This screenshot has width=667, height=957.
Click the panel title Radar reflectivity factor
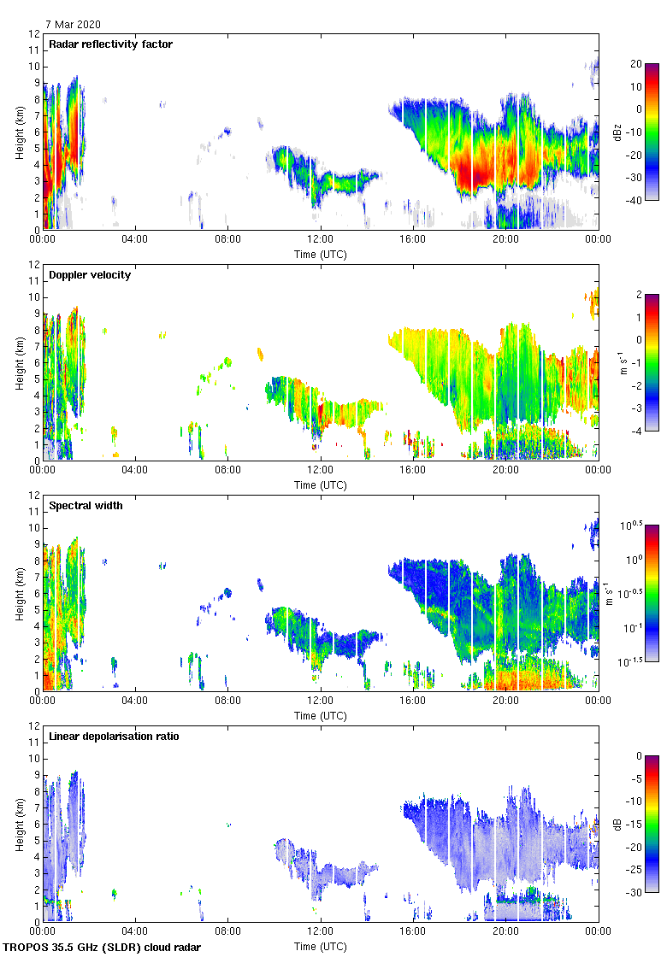[x=110, y=44]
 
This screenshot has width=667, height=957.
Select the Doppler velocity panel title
[x=90, y=275]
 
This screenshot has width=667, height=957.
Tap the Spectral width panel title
[x=86, y=506]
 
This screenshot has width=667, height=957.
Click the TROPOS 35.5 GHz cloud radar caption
[x=103, y=948]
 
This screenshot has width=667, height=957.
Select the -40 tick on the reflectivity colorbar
[x=635, y=201]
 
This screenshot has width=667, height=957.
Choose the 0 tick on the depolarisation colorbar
[x=637, y=756]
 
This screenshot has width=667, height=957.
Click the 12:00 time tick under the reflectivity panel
[x=320, y=240]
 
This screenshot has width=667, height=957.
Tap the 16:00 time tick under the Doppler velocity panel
[x=413, y=471]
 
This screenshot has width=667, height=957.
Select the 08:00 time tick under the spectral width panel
[x=227, y=702]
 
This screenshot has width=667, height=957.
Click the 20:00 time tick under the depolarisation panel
[x=505, y=932]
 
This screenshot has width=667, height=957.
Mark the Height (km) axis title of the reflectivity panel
[x=19, y=132]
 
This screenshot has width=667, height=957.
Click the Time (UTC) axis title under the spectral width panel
[x=321, y=715]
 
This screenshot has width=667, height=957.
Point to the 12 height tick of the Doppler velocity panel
[x=34, y=265]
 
